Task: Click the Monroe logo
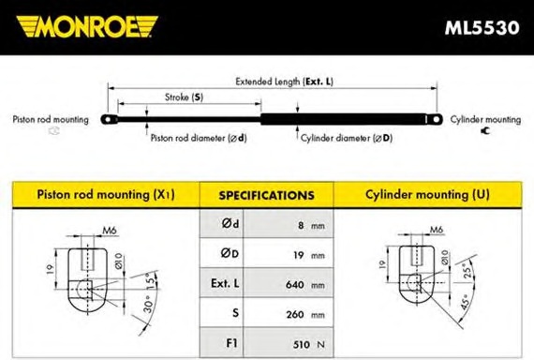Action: [87, 26]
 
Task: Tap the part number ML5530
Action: [482, 27]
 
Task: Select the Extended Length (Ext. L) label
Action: [285, 82]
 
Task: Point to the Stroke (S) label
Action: [184, 97]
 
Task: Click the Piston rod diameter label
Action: [199, 138]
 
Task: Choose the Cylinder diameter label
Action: [347, 138]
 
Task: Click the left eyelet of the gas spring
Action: [109, 120]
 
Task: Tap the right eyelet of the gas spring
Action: [435, 119]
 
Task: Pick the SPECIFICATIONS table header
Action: [266, 195]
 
